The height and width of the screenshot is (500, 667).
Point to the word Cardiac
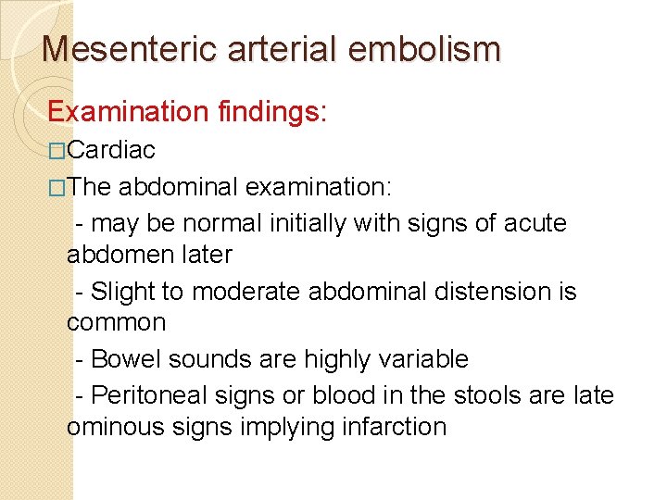click(111, 150)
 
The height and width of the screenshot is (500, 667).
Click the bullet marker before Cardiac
click(57, 151)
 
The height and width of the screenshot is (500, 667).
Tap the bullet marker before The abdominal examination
click(57, 188)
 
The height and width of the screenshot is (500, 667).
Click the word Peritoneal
click(156, 395)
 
